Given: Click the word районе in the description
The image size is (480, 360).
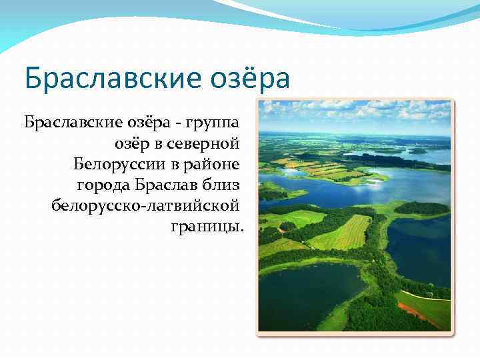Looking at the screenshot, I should coord(213,164).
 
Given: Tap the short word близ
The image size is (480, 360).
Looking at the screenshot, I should coord(221,184).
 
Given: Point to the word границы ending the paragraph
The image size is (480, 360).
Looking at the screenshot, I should coord(207,226).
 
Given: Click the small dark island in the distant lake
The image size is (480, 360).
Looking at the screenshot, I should coord(417,151).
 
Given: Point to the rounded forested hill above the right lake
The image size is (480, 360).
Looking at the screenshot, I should coord(421,208).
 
